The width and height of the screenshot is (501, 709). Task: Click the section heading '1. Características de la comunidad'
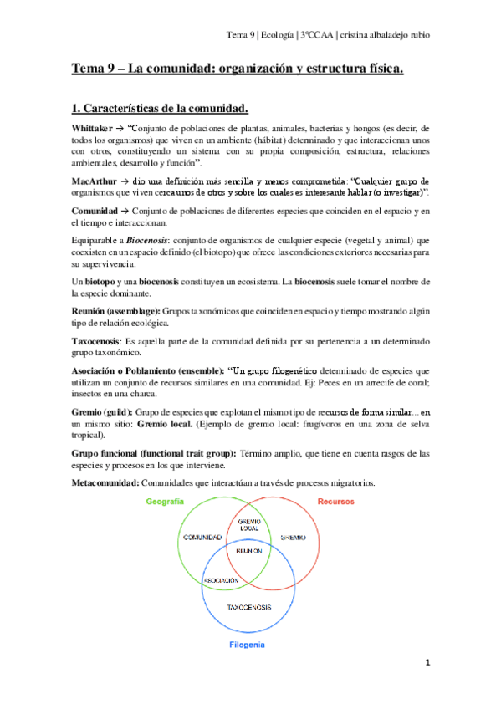[x=159, y=108]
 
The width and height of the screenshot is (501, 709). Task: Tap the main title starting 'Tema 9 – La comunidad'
[x=237, y=69]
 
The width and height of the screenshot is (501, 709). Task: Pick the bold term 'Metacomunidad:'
[x=105, y=483]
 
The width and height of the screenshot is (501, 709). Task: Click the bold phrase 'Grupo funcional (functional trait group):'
[x=154, y=453]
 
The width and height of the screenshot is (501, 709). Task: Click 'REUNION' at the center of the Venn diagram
[x=250, y=553]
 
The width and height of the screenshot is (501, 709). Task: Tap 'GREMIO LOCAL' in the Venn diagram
[x=250, y=525]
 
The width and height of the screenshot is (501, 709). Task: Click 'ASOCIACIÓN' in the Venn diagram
[x=222, y=579]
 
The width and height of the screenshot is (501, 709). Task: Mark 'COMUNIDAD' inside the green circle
[x=202, y=537]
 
